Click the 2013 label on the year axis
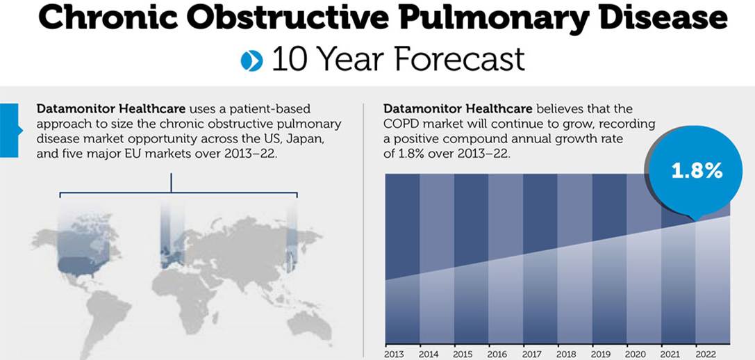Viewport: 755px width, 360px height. coord(395,354)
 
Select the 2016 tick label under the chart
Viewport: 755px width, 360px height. coord(497,354)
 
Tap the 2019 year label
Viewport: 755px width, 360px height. coord(600,354)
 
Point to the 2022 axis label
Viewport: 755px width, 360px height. coord(706,354)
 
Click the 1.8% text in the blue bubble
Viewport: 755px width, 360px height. coord(697,171)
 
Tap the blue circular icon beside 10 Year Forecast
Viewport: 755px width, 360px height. coord(252,60)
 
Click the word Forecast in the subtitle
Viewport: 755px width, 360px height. coord(459,60)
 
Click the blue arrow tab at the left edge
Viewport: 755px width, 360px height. coord(10,130)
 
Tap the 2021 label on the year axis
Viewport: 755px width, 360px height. coord(671,354)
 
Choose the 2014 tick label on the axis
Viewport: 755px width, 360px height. coord(429,354)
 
